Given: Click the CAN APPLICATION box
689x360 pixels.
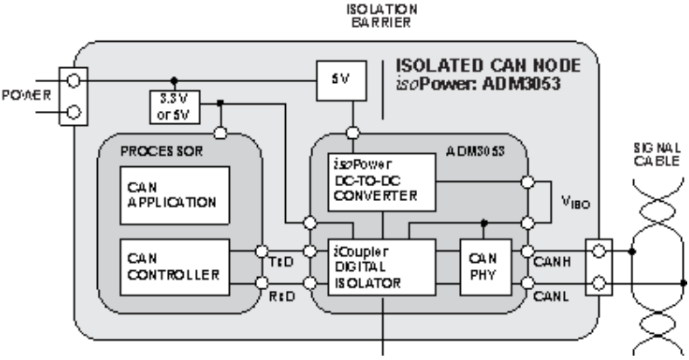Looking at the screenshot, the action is coord(175,196).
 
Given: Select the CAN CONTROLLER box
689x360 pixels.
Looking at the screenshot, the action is coord(175,267).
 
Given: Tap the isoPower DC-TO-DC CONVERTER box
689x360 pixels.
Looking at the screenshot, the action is coord(382,183).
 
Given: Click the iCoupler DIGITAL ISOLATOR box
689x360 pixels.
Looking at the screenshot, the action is coord(382,267).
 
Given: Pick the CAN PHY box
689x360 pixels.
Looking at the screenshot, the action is coord(485,267).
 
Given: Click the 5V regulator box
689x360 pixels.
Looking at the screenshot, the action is coord(341,80).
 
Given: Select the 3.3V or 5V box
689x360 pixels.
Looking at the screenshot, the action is coord(175,107).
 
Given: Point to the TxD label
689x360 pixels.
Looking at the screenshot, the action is coord(282,262).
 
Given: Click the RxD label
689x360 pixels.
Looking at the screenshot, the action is coord(282,297).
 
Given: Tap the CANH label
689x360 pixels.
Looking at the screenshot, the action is coord(552,261).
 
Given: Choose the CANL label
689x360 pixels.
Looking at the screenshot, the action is coord(551,297).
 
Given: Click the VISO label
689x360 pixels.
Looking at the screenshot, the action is coord(575,202).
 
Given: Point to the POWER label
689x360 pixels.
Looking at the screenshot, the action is coord(26,95).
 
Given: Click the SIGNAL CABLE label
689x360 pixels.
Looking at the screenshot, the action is coord(657,155).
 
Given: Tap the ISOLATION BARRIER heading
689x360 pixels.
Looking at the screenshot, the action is coord(382,16).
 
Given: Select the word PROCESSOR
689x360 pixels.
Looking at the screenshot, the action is coord(162,151).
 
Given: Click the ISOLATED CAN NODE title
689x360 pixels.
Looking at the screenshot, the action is coord(488,66).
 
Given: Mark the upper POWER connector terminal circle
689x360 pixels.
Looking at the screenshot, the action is coord(73,80).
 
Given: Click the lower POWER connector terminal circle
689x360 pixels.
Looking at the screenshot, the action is coord(73,113).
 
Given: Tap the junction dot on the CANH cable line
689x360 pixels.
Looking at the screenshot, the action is coord(632,252).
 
